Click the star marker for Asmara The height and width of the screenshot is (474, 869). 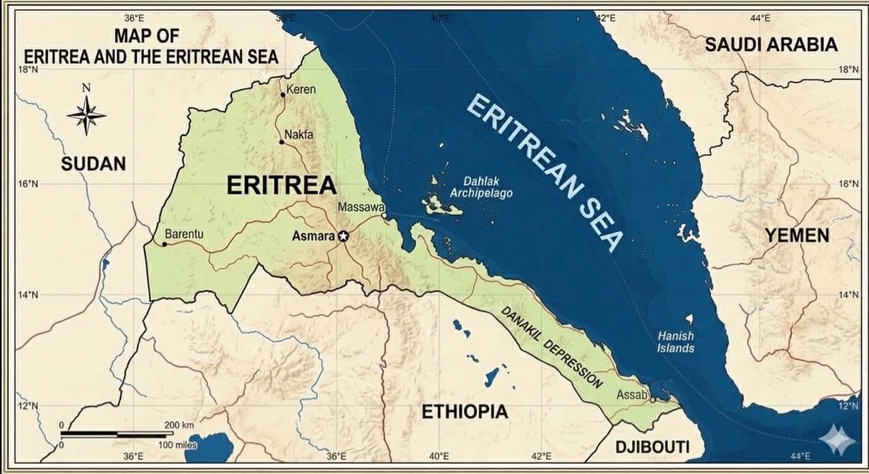coord(344,236)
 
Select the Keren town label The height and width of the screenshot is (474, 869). coord(298,90)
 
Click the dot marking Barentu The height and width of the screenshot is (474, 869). coord(165,244)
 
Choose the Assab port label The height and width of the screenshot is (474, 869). coord(630,395)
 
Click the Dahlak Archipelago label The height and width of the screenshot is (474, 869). coord(481,188)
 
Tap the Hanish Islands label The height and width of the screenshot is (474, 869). coord(675,342)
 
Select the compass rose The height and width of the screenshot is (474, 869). coord(86,115)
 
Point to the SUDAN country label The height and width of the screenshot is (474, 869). coord(93,164)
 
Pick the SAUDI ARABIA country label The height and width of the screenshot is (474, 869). coord(771,45)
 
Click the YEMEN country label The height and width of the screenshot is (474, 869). coord(795,236)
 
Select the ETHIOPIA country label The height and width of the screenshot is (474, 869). coord(465,412)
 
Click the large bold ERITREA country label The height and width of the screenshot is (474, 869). coord(281,185)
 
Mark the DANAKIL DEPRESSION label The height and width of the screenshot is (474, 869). coord(552,347)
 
